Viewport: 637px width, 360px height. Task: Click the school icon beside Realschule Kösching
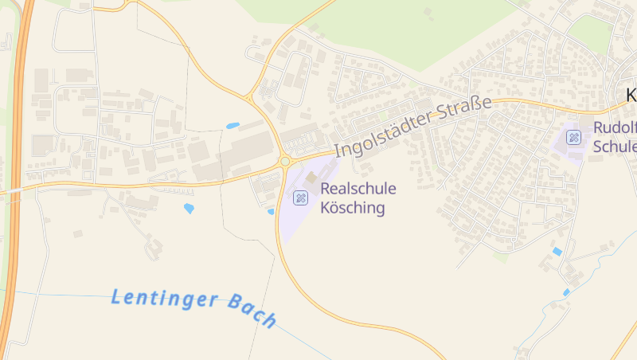point(300,198)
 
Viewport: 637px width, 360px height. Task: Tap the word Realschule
point(358,189)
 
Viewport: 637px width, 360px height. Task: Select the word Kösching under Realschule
point(352,209)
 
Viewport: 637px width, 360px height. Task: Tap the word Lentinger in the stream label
point(163,299)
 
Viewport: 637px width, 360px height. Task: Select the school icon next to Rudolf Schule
point(573,137)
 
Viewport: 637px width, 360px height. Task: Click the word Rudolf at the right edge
point(615,127)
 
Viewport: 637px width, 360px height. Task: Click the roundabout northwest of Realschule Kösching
point(284,162)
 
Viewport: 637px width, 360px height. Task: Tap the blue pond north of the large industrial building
point(233,126)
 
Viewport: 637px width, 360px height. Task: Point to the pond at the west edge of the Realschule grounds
point(271,212)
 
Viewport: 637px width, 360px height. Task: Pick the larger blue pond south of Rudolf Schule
point(557,252)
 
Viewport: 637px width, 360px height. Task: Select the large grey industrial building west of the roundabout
point(248,151)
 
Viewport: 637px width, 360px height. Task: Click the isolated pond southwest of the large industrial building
point(189,209)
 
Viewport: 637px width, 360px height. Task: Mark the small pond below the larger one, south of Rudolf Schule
point(566,293)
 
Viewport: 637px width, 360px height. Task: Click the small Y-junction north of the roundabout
point(249,97)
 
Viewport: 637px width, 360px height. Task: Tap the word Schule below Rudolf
point(615,147)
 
